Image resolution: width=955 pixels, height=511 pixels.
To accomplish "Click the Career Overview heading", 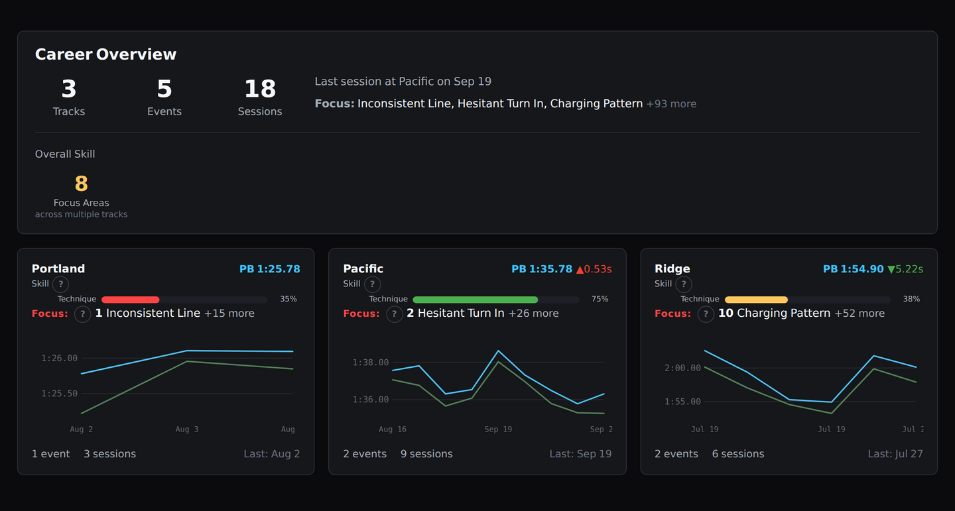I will pyautogui.click(x=105, y=54).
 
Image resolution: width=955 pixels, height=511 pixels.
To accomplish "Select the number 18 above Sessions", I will pyautogui.click(x=260, y=89).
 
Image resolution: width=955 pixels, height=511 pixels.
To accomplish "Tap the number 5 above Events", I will pyautogui.click(x=164, y=89).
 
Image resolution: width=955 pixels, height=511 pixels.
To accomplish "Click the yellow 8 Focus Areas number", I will pyautogui.click(x=81, y=184).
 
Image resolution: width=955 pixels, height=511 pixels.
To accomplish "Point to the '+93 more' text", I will pyautogui.click(x=671, y=103).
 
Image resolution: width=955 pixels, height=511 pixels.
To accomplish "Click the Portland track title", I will pyautogui.click(x=58, y=268).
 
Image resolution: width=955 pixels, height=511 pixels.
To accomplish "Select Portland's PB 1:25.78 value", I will pyautogui.click(x=269, y=269).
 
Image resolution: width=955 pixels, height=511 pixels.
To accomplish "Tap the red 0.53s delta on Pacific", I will pyautogui.click(x=594, y=269).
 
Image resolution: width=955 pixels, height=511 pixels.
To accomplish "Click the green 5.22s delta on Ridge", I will pyautogui.click(x=905, y=269).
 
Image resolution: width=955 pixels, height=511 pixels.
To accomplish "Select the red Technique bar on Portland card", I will pyautogui.click(x=130, y=300).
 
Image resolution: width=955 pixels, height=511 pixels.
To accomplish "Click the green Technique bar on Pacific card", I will pyautogui.click(x=475, y=300).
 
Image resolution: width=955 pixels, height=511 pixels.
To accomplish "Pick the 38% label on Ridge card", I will pyautogui.click(x=911, y=299).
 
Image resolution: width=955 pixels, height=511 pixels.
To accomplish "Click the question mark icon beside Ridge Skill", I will pyautogui.click(x=683, y=284).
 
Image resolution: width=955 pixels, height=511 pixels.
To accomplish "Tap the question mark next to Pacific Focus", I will pyautogui.click(x=394, y=313).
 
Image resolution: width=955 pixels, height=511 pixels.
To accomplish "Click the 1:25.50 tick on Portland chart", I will pyautogui.click(x=60, y=394).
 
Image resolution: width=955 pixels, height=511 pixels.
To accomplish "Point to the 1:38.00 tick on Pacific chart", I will pyautogui.click(x=371, y=363).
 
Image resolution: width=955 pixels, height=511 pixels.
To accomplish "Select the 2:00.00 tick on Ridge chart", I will pyautogui.click(x=682, y=368).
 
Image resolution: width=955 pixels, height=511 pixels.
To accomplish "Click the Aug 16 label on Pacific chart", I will pyautogui.click(x=393, y=429).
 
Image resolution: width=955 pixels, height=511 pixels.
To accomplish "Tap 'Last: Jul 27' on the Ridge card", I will pyautogui.click(x=895, y=454).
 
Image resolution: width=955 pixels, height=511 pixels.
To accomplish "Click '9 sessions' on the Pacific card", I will pyautogui.click(x=426, y=454).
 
